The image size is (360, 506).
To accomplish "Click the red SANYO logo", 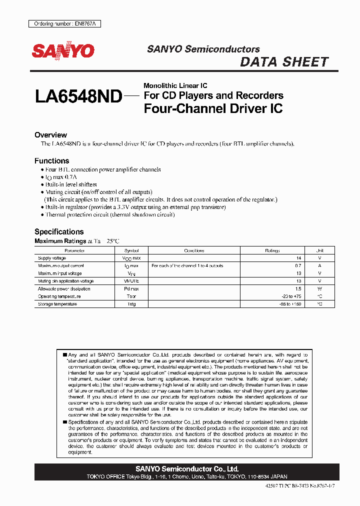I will (63, 51).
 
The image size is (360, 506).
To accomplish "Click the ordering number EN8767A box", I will (57, 24).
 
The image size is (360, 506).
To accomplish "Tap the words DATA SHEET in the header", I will (284, 62).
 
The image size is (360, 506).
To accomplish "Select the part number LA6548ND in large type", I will (78, 96).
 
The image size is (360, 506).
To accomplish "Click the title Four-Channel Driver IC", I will (213, 108).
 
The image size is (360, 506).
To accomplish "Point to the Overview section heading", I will (50, 135).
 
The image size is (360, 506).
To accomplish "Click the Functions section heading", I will (51, 161).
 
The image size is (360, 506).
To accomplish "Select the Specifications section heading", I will (59, 231).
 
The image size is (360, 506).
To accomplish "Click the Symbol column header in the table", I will (131, 250).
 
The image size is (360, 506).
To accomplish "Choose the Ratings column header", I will (272, 250).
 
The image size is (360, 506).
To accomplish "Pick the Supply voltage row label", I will (52, 258).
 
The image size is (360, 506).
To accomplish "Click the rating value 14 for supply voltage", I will (298, 258).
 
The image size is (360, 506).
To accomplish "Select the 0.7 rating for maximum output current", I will (298, 266).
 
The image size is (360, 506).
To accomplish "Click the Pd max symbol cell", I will (131, 289).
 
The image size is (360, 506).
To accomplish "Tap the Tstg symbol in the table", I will (131, 304).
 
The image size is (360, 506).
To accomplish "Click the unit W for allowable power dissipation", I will (319, 289).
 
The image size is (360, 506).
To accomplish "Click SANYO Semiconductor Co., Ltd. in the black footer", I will (187, 469).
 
